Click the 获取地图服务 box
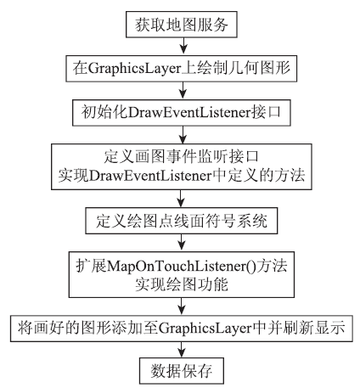pyautogui.click(x=182, y=25)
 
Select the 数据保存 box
pyautogui.click(x=182, y=371)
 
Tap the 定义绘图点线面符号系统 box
pyautogui.click(x=182, y=221)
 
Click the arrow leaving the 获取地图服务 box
pyautogui.click(x=183, y=45)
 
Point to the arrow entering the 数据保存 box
pyautogui.click(x=182, y=350)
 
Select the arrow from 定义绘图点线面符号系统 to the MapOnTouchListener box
pyautogui.click(x=182, y=243)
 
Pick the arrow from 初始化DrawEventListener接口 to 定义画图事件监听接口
pyautogui.click(x=183, y=135)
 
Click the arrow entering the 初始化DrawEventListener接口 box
pyautogui.click(x=183, y=91)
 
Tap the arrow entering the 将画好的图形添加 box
pyautogui.click(x=182, y=306)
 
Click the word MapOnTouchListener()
pyautogui.click(x=181, y=267)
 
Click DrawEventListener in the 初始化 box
pyautogui.click(x=189, y=113)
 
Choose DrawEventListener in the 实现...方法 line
pyautogui.click(x=150, y=176)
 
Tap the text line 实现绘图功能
pyautogui.click(x=182, y=284)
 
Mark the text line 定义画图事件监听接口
pyautogui.click(x=182, y=156)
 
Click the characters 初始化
pyautogui.click(x=104, y=113)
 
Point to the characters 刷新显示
pyautogui.click(x=314, y=329)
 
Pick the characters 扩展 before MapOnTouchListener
pyautogui.click(x=91, y=267)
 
